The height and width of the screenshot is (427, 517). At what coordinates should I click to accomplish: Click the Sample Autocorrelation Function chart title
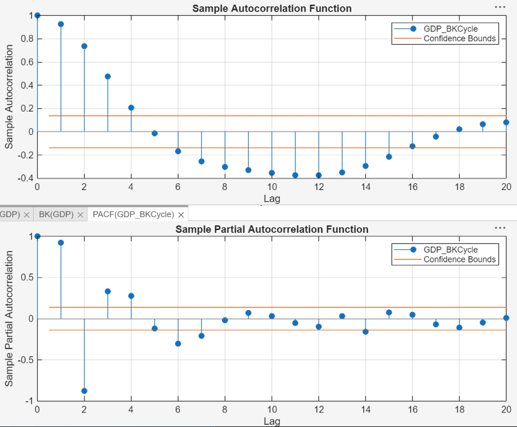tap(272, 8)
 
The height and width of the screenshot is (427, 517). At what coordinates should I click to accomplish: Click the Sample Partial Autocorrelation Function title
tap(272, 229)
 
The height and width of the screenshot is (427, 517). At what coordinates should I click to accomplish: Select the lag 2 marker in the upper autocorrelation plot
tap(84, 46)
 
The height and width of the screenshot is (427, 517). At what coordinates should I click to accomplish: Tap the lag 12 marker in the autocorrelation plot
tap(318, 175)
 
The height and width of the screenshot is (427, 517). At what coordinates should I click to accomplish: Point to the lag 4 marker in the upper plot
tap(131, 107)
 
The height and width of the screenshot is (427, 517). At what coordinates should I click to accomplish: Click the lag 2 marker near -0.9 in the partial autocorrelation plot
tap(84, 390)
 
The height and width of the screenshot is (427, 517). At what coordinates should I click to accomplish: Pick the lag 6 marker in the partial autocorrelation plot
tap(178, 343)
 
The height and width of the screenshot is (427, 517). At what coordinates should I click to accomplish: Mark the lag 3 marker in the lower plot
tap(108, 291)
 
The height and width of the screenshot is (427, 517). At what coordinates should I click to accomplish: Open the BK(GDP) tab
tap(56, 215)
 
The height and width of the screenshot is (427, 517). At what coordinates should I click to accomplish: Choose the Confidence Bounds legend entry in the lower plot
tap(459, 259)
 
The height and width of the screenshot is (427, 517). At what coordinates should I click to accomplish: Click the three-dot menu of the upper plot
tap(500, 6)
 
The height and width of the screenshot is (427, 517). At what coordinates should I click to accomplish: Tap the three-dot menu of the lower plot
tap(500, 227)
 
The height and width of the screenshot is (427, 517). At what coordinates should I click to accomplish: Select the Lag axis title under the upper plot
tap(272, 198)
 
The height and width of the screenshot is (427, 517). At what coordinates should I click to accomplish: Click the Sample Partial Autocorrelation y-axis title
tap(9, 318)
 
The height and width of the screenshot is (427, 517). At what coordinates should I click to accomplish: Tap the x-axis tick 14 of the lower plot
tap(365, 410)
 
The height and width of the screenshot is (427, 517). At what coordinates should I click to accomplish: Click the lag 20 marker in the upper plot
tap(506, 122)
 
